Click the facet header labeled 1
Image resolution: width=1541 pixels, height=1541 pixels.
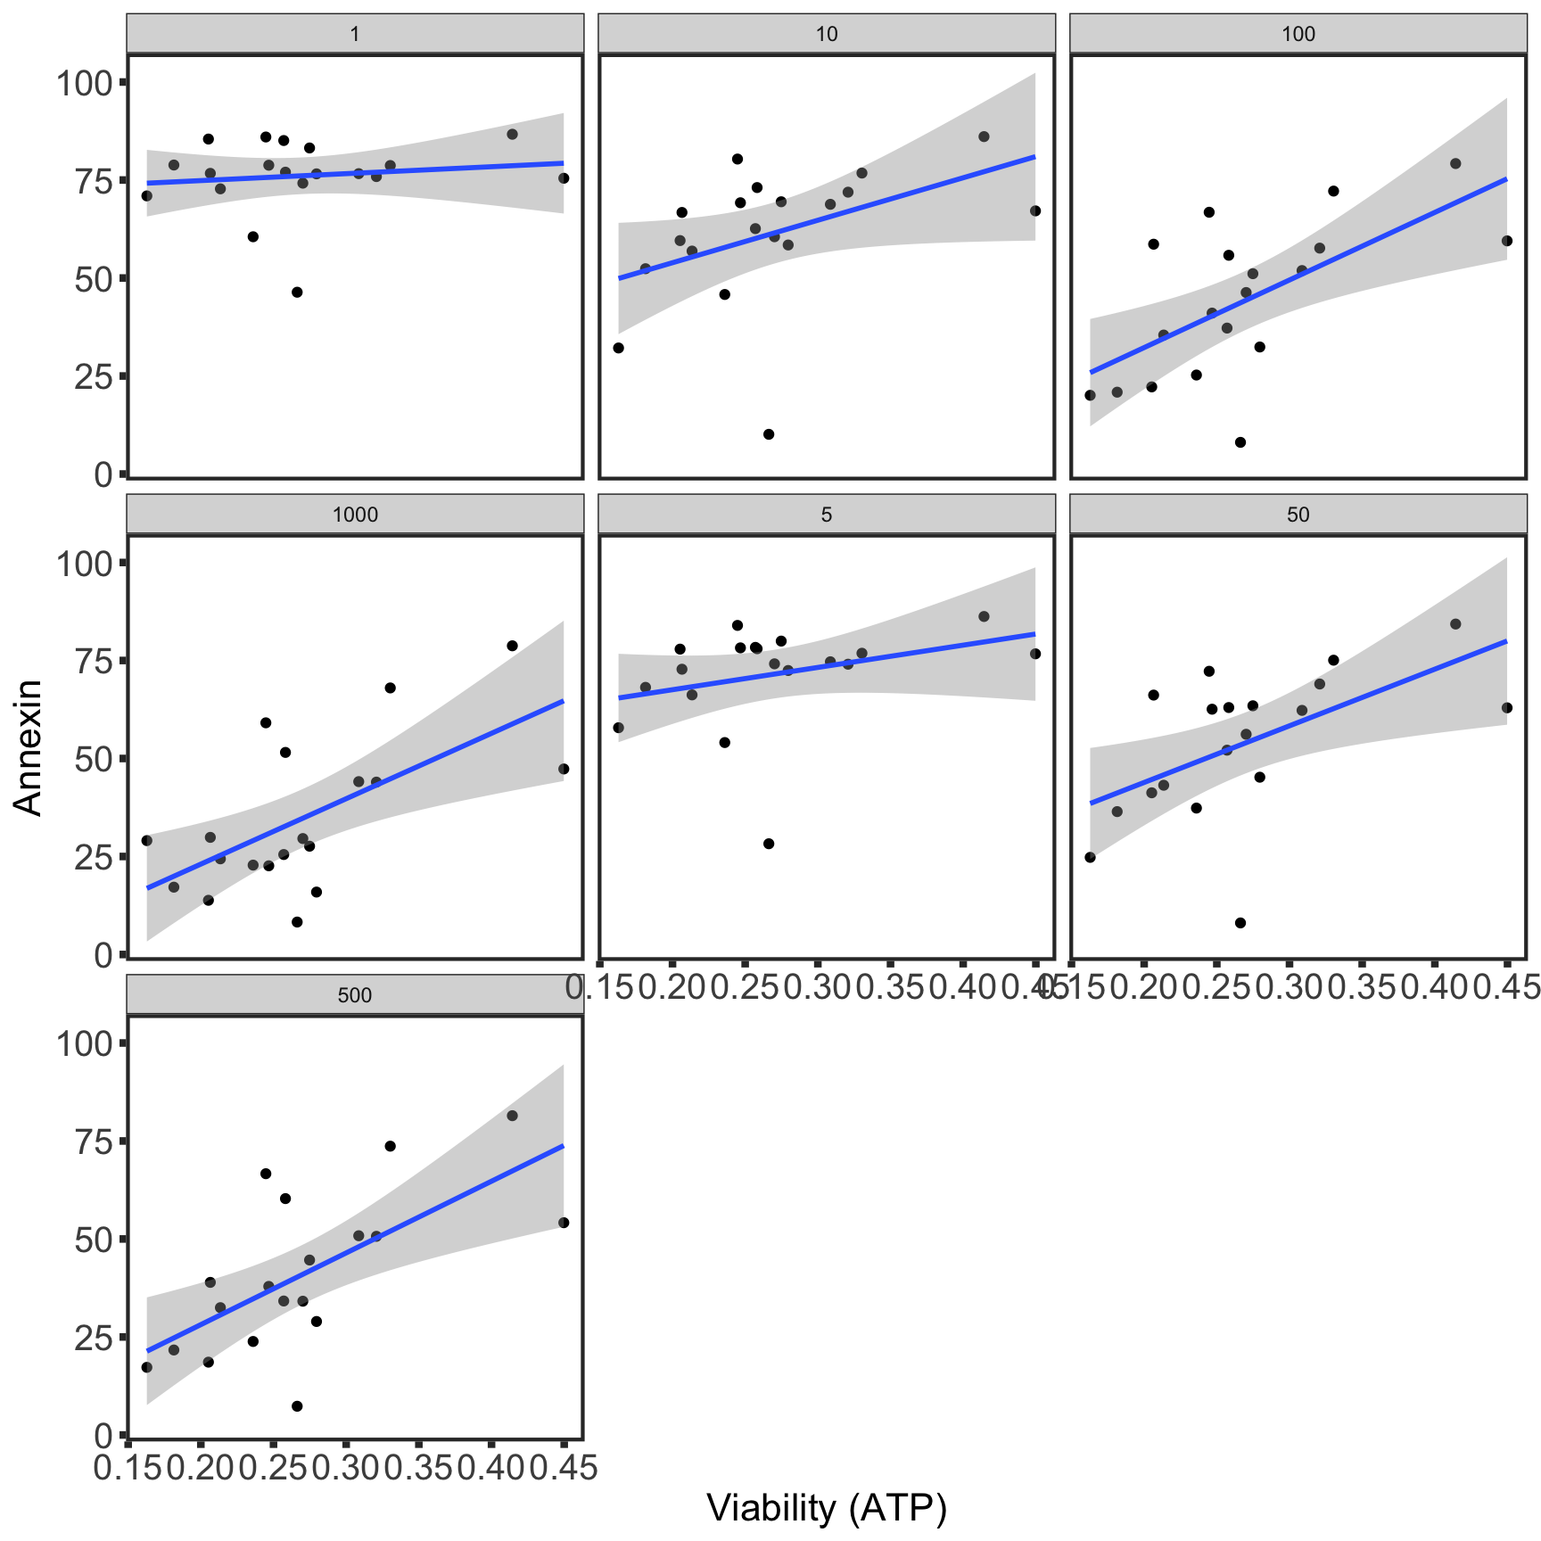(355, 34)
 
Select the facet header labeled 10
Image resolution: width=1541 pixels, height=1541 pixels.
(827, 34)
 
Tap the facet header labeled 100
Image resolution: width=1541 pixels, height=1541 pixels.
(1298, 34)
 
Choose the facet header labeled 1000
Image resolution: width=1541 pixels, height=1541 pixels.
(355, 515)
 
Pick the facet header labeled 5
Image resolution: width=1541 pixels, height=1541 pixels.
(827, 515)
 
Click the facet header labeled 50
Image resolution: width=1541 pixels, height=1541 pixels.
(1298, 515)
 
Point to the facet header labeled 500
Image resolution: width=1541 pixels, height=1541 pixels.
(355, 995)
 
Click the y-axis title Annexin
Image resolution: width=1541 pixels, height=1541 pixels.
(29, 747)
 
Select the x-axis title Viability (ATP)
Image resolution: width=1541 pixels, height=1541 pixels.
(827, 1507)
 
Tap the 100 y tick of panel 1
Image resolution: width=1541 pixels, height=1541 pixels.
(85, 83)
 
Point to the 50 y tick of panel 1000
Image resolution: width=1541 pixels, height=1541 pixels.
(95, 760)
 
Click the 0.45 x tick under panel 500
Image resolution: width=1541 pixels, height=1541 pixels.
(564, 1468)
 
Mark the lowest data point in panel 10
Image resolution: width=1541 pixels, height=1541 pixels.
(769, 434)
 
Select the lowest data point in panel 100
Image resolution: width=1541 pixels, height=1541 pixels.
(1240, 442)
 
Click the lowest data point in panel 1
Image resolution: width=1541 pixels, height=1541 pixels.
(297, 293)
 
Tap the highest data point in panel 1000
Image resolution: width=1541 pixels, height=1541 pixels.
(512, 646)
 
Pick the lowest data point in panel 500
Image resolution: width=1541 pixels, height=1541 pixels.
(297, 1406)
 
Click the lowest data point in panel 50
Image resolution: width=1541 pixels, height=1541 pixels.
(1240, 923)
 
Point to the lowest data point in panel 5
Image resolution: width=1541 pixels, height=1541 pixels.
(769, 844)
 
